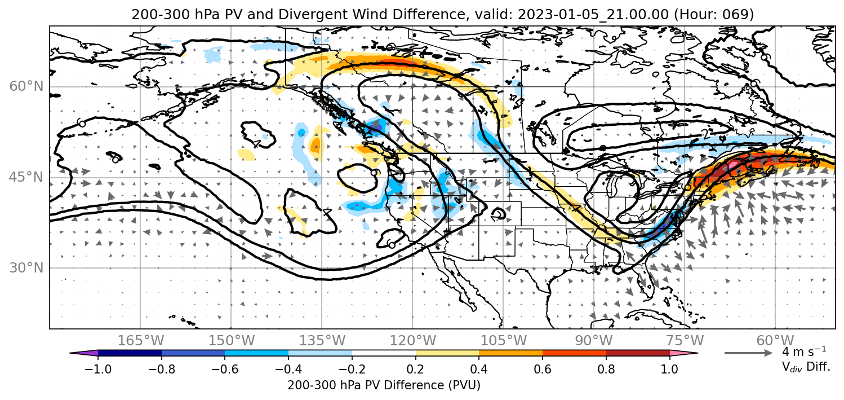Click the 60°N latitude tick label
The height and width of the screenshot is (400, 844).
(x=26, y=86)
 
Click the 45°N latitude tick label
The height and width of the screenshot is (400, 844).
(x=26, y=177)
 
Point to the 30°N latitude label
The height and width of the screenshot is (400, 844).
(x=26, y=268)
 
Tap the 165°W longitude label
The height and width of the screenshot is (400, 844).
(x=140, y=341)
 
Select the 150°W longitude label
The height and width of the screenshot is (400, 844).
(x=232, y=341)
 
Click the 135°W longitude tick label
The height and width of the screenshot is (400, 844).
(x=322, y=341)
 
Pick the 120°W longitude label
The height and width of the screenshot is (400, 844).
(x=412, y=341)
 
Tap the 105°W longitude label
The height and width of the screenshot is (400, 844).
(x=503, y=341)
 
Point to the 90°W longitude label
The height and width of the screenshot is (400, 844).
(x=594, y=341)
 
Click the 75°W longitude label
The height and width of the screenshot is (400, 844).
(x=685, y=341)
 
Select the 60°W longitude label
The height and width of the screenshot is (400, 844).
(x=775, y=341)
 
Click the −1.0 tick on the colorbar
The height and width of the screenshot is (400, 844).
(x=98, y=368)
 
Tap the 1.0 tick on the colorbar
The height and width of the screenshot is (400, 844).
(x=669, y=368)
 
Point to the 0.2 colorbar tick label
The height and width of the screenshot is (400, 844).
(x=416, y=368)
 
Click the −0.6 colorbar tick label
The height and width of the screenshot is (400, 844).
(x=225, y=368)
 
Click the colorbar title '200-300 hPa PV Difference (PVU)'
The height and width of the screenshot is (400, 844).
(x=384, y=385)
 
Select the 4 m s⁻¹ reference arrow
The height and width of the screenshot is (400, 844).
(x=749, y=353)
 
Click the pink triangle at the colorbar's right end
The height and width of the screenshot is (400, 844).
(x=684, y=353)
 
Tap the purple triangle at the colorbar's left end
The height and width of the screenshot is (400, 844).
(x=84, y=353)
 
